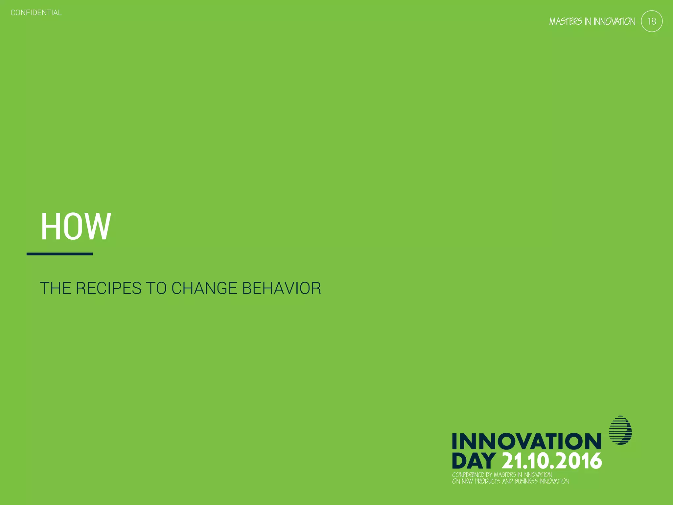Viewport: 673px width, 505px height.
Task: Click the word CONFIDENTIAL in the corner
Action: [36, 13]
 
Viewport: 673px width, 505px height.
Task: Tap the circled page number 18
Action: [652, 21]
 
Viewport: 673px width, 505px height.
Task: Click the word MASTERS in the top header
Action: [566, 22]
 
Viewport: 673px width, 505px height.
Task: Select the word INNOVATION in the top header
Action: [614, 22]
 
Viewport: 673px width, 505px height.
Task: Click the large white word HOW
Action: [76, 227]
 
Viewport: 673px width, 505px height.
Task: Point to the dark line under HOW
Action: [59, 254]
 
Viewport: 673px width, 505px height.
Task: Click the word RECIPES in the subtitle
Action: [108, 288]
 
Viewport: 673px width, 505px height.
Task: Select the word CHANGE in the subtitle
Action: [204, 288]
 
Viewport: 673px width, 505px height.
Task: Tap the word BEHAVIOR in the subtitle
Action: [281, 288]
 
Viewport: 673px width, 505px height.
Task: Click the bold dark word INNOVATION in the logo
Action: [526, 442]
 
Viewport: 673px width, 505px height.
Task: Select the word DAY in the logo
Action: [474, 461]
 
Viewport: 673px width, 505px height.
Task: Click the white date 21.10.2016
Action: [552, 461]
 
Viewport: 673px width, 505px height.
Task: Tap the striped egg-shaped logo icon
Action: [620, 430]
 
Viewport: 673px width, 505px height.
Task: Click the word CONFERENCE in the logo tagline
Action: [468, 475]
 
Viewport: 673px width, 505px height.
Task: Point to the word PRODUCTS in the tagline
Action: [488, 481]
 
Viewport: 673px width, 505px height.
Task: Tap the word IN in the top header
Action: [588, 22]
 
